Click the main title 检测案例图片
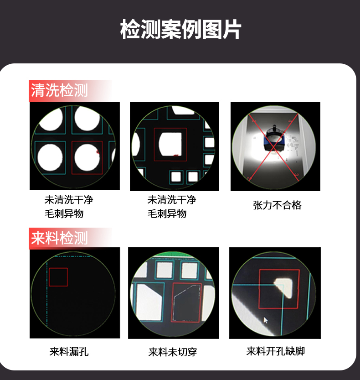pos(180,29)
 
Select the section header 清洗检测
pos(59,90)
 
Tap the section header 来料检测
pos(59,238)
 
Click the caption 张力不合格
pos(277,205)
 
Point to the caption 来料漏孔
pos(69,352)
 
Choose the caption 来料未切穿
pos(173,352)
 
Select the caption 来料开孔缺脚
pos(276,351)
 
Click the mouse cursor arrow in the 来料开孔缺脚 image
pos(266,320)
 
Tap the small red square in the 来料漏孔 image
pos(58,277)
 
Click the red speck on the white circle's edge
pos(98,152)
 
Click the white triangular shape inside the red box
pos(283,288)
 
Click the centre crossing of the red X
pos(274,147)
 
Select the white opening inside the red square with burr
pos(170,144)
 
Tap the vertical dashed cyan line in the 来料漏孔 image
pos(47,294)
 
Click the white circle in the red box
pos(87,157)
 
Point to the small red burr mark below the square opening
pos(176,155)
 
